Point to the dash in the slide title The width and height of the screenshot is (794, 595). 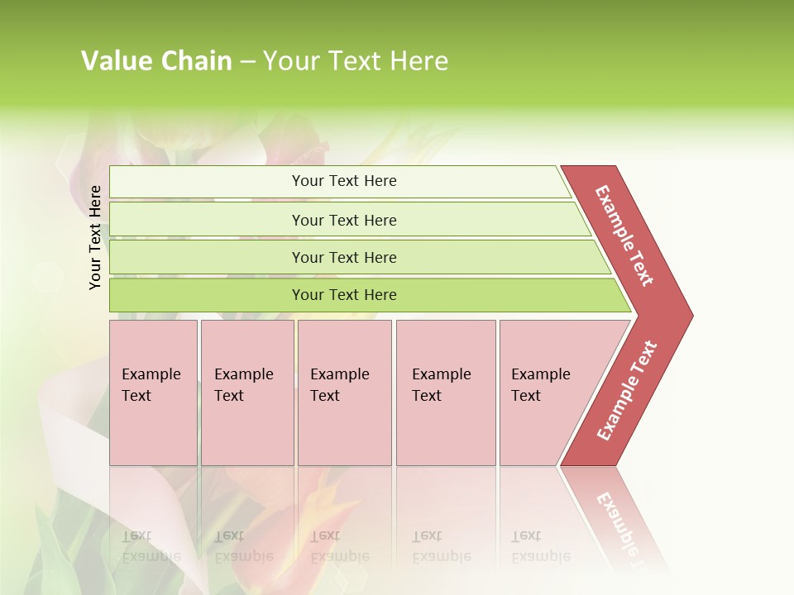tap(247, 62)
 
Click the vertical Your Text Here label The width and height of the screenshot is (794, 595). tap(96, 237)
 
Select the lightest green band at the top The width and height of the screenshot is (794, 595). tap(207, 182)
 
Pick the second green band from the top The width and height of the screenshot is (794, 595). tap(207, 220)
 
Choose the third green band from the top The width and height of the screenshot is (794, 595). tap(207, 257)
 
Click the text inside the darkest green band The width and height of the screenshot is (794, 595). tap(344, 295)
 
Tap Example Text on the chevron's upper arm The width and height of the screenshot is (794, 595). tap(624, 236)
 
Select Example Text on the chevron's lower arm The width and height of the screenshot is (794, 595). tap(627, 391)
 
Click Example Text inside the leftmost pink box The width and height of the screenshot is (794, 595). tap(151, 384)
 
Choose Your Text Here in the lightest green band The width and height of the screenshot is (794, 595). tap(344, 181)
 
